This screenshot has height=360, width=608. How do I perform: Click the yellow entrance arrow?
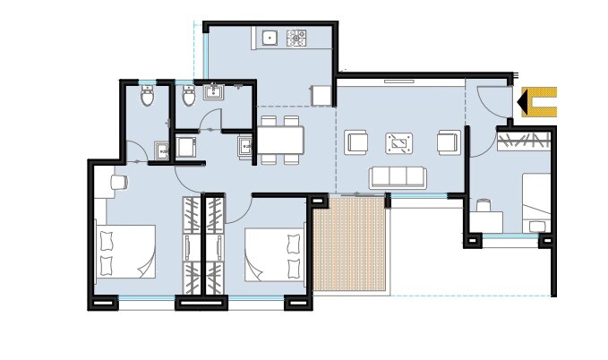pyautogui.click(x=537, y=103)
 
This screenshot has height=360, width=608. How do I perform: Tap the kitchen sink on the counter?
pyautogui.click(x=268, y=38)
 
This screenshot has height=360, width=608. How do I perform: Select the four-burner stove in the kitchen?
pyautogui.click(x=296, y=38)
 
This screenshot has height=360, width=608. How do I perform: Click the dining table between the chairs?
pyautogui.click(x=281, y=140)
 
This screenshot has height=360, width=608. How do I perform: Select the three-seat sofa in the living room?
pyautogui.click(x=399, y=176)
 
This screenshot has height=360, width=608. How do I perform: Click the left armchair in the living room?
pyautogui.click(x=356, y=141)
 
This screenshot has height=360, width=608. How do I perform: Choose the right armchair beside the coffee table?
pyautogui.click(x=448, y=141)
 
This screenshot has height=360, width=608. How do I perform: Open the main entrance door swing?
pyautogui.click(x=491, y=100)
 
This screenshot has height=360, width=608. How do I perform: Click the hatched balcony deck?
pyautogui.click(x=350, y=243)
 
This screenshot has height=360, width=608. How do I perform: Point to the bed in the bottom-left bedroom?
pyautogui.click(x=129, y=252)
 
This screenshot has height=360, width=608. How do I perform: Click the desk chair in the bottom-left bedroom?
pyautogui.click(x=117, y=182)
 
